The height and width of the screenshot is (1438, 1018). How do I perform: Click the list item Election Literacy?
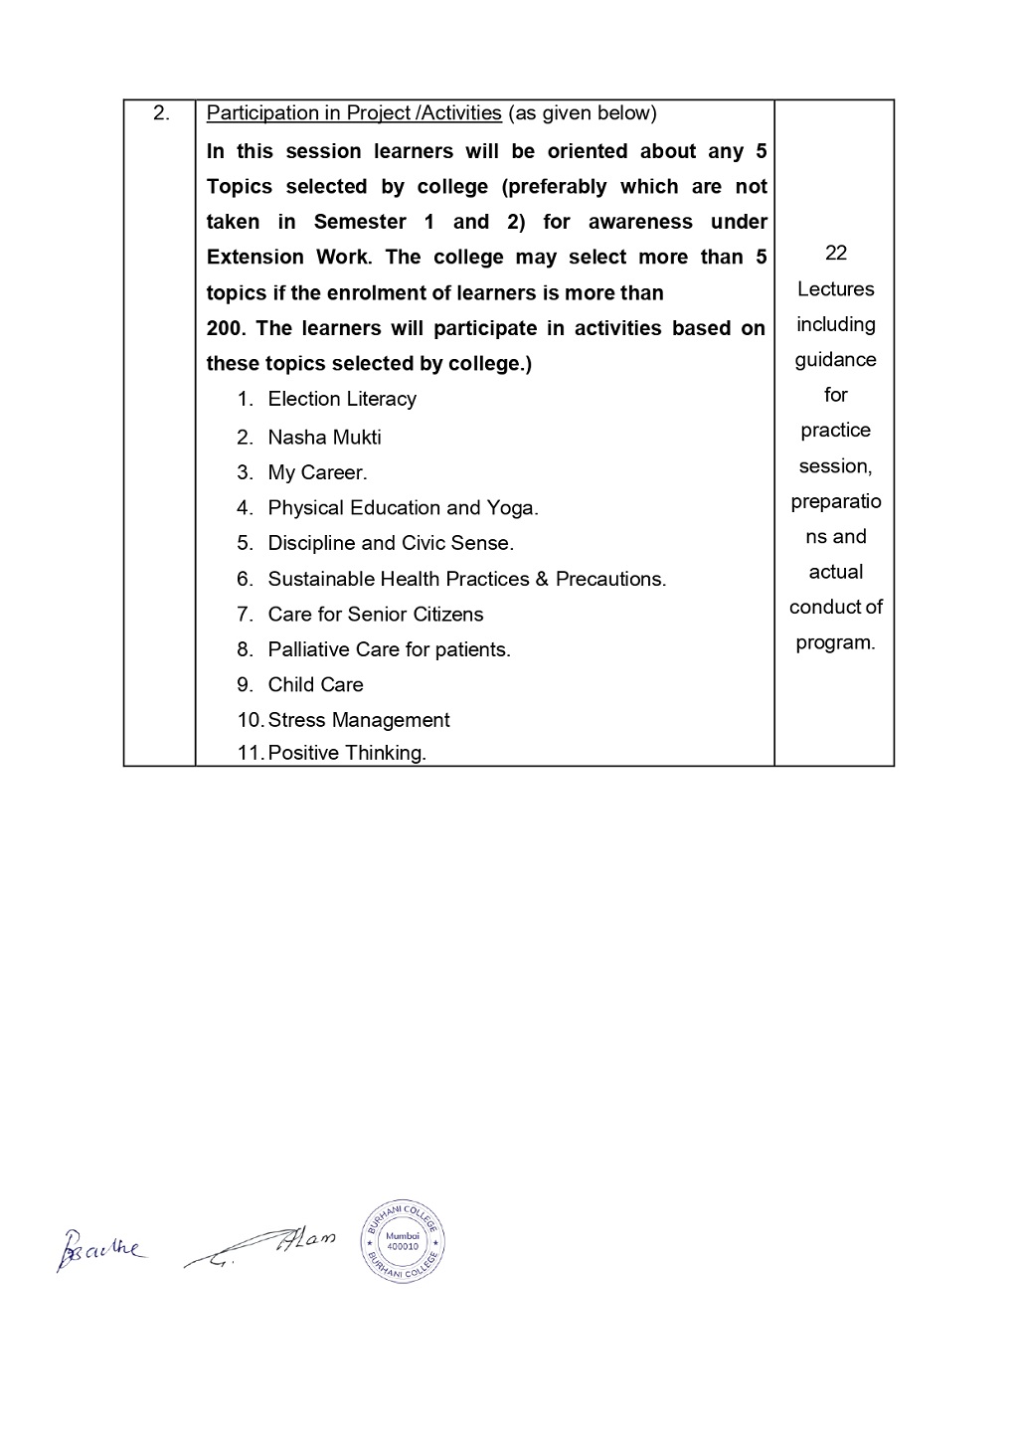click(x=341, y=400)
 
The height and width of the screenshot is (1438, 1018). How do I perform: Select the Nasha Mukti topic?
click(x=324, y=438)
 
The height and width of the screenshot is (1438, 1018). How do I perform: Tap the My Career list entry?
click(x=317, y=473)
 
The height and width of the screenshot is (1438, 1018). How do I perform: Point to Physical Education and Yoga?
click(x=403, y=508)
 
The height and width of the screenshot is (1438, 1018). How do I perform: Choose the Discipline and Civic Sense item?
click(x=391, y=544)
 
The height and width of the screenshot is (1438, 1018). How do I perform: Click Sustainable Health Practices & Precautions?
click(x=466, y=579)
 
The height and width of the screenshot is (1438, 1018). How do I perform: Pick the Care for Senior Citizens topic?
click(x=375, y=615)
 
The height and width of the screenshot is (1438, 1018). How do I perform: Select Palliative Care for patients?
click(x=389, y=650)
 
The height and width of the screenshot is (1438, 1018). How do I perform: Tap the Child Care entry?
click(x=315, y=685)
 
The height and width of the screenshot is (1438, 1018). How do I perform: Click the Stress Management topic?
click(x=358, y=720)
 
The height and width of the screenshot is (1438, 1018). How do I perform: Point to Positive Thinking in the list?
click(x=347, y=753)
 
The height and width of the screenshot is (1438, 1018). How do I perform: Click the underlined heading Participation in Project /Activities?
click(x=353, y=113)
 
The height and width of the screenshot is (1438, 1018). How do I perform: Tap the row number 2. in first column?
click(x=161, y=113)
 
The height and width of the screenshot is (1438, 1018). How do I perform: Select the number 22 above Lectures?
click(x=836, y=254)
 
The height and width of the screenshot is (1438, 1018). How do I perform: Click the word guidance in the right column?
click(x=835, y=360)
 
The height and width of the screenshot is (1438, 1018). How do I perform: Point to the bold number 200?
click(x=226, y=329)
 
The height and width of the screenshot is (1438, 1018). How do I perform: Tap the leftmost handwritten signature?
click(x=100, y=1249)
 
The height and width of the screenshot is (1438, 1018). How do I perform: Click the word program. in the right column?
click(x=835, y=642)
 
